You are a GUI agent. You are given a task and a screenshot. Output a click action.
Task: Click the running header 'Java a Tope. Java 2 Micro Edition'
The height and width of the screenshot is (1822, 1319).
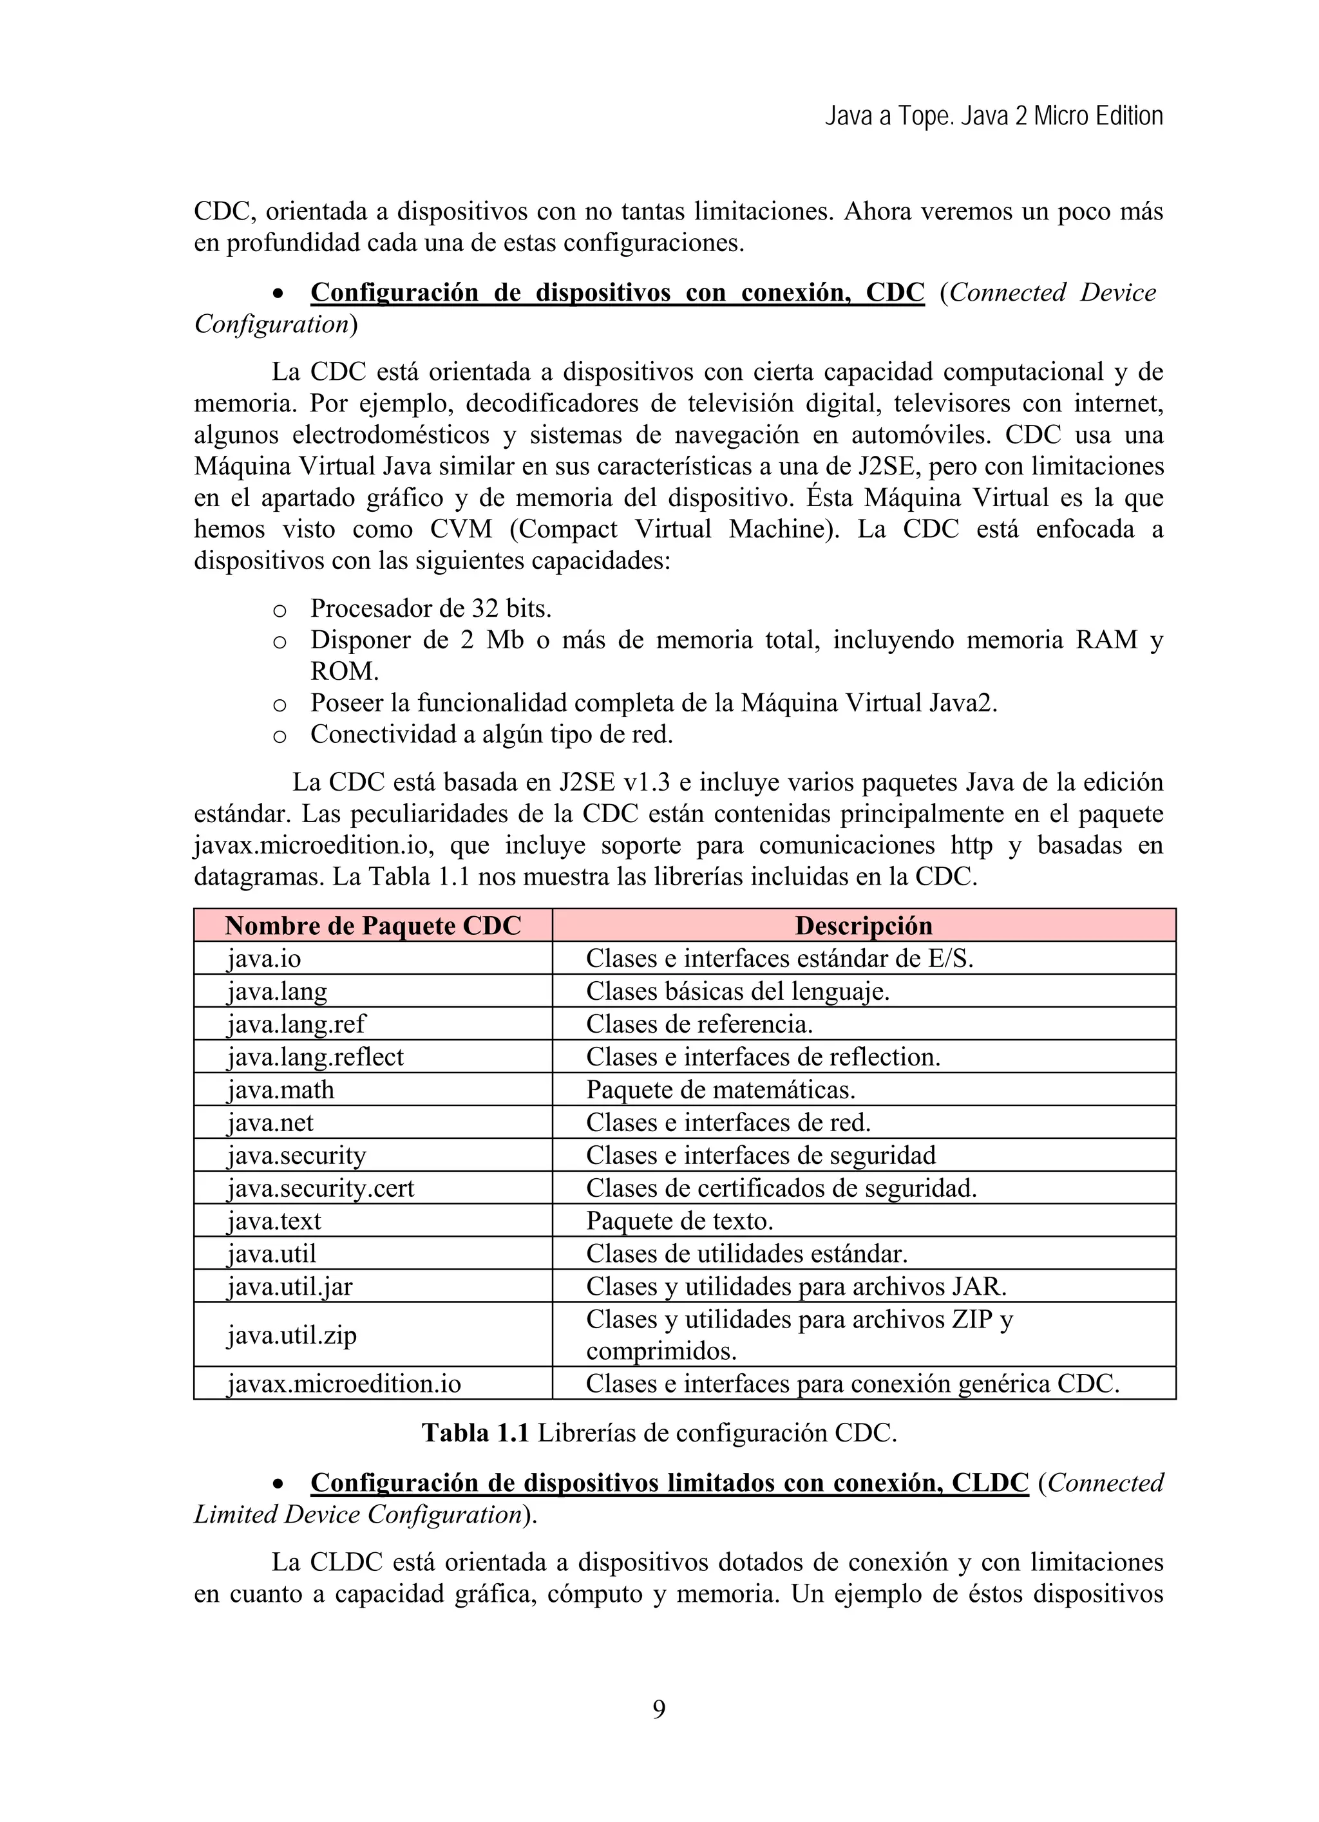point(994,117)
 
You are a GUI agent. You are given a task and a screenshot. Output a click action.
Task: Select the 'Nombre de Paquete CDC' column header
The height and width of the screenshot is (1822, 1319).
point(373,925)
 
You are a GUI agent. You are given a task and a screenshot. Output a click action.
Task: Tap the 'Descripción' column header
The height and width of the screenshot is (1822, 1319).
point(864,925)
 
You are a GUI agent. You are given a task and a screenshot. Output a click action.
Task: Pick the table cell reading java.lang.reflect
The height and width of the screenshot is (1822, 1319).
point(315,1057)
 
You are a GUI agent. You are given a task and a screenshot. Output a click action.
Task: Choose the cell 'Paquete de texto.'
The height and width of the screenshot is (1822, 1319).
point(679,1220)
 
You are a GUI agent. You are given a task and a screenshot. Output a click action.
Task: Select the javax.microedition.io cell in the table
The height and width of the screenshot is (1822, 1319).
point(344,1384)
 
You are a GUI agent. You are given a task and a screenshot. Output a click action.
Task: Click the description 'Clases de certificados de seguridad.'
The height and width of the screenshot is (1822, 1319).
point(781,1187)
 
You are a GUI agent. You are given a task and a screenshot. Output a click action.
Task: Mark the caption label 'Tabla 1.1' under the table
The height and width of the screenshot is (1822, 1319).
point(475,1432)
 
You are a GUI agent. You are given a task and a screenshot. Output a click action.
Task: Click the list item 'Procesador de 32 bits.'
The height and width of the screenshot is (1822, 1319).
point(431,608)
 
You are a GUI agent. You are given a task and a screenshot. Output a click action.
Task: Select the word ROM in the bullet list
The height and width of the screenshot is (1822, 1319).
point(344,671)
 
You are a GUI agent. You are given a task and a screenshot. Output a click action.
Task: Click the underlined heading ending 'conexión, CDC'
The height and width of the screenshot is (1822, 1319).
point(617,292)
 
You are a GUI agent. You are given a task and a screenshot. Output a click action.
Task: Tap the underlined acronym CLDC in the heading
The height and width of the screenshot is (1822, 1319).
point(989,1483)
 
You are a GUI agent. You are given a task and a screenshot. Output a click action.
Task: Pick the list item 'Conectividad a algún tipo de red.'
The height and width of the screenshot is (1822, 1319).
point(491,734)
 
